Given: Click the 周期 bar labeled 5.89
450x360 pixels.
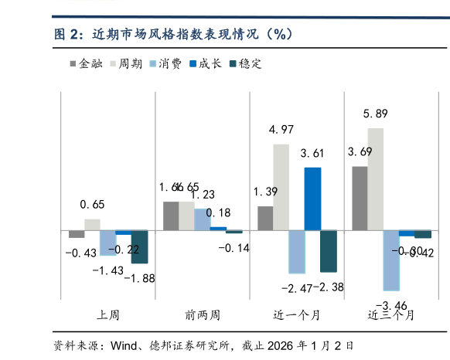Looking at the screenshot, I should pyautogui.click(x=375, y=178).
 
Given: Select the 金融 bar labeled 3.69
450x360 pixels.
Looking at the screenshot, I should pyautogui.click(x=360, y=198).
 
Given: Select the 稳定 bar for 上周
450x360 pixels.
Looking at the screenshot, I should pyautogui.click(x=139, y=246).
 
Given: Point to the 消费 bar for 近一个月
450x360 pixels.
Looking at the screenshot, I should pyautogui.click(x=297, y=251).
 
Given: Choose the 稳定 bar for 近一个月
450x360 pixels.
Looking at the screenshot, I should pyautogui.click(x=329, y=250).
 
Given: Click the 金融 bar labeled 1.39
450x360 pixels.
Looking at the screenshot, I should pyautogui.click(x=265, y=218).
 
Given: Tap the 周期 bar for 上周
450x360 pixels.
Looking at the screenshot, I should pyautogui.click(x=92, y=224).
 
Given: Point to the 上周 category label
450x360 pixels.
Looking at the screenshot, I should pyautogui.click(x=108, y=315).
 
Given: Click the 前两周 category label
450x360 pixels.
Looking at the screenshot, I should pyautogui.click(x=203, y=315).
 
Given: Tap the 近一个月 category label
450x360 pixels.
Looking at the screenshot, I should pyautogui.click(x=297, y=315).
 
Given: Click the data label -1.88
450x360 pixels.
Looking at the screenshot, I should pyautogui.click(x=139, y=278).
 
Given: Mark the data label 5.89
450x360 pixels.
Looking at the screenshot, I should pyautogui.click(x=376, y=114).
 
